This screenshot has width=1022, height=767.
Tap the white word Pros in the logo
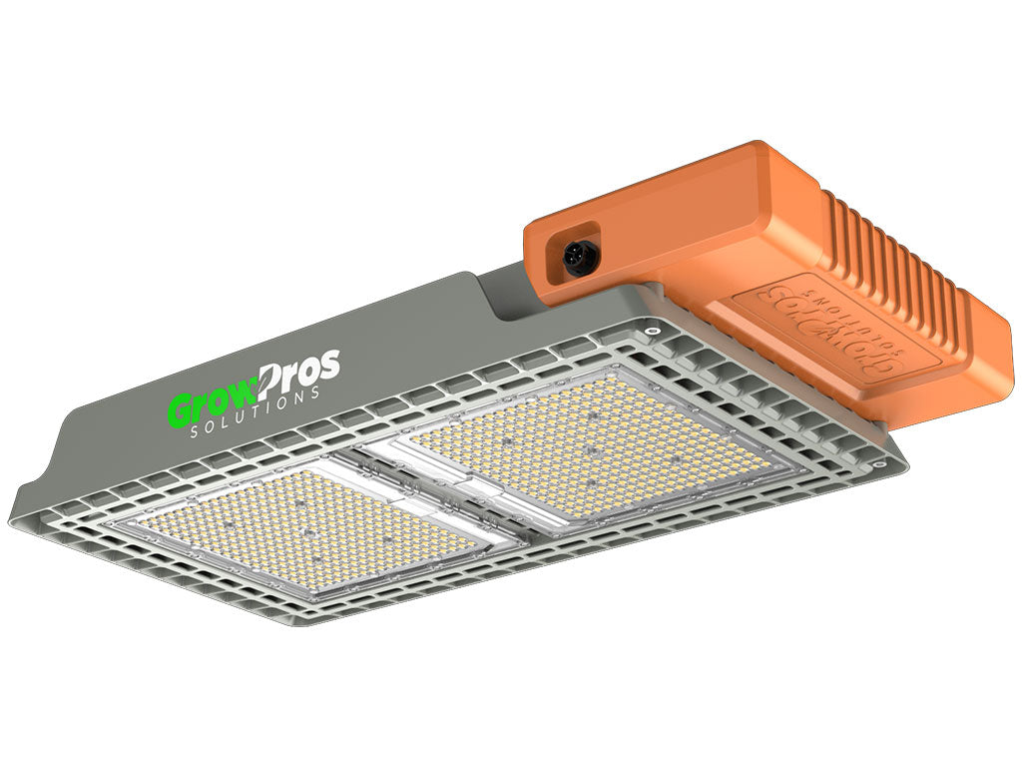click(299, 373)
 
